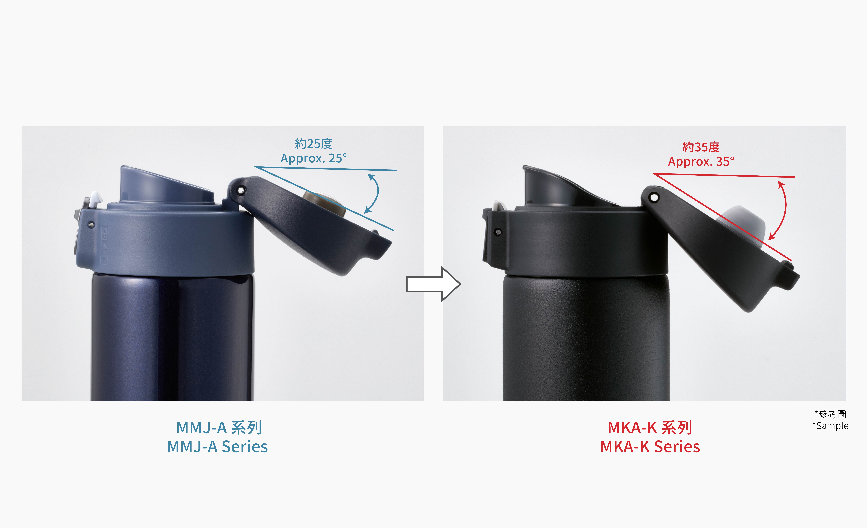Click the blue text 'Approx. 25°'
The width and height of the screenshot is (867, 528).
[x=314, y=158]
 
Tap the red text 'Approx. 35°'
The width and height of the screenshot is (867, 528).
[x=701, y=162]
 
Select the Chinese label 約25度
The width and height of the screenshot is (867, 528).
[x=314, y=144]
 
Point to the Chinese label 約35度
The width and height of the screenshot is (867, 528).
[x=701, y=147]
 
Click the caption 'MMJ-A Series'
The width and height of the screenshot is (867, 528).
[x=217, y=447]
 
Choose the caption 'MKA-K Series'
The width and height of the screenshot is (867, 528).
[x=650, y=447]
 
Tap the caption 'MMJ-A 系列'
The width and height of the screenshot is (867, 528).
[x=219, y=428]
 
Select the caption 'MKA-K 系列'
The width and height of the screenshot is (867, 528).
[x=650, y=428]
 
